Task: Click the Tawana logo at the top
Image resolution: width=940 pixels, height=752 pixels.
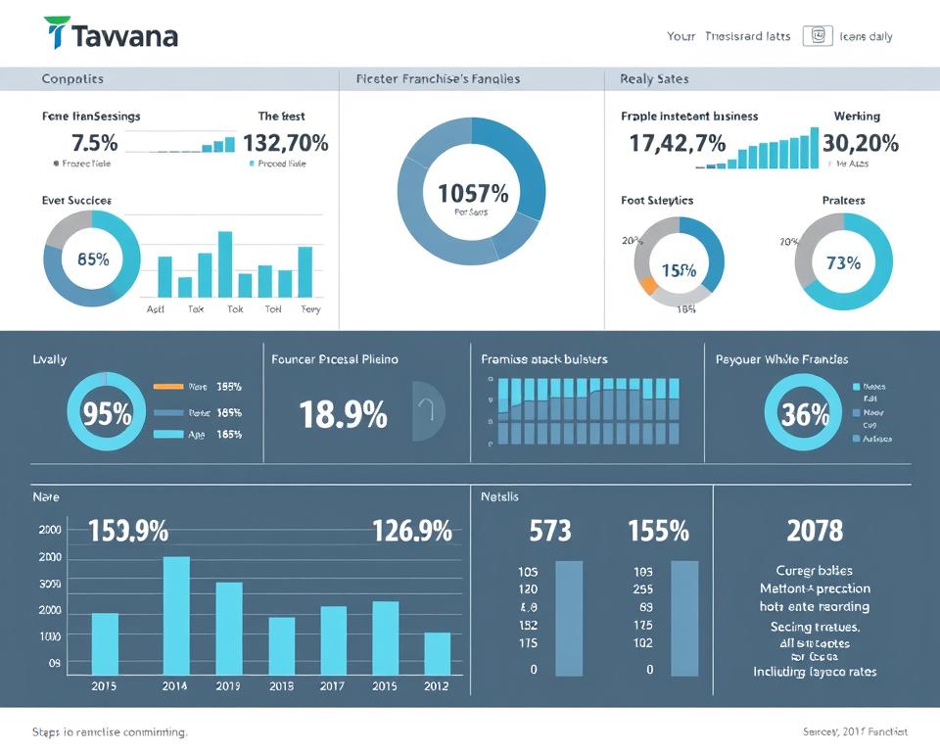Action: tap(111, 35)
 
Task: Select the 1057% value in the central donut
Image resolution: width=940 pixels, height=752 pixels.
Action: tap(472, 192)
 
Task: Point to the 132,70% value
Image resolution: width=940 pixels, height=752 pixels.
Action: tap(285, 143)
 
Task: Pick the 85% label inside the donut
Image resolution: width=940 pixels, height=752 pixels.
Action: tap(93, 260)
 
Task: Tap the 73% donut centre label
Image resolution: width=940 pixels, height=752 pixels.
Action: tap(843, 262)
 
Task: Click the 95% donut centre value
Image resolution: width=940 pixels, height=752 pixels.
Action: tap(107, 413)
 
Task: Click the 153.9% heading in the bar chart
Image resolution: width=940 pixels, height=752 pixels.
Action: tap(128, 532)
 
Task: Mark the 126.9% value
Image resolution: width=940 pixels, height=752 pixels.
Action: tap(411, 532)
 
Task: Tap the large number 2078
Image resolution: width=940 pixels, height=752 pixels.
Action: tap(815, 531)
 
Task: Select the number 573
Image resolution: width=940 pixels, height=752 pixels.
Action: tap(549, 531)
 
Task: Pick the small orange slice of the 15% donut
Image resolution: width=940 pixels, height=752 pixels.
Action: tap(647, 285)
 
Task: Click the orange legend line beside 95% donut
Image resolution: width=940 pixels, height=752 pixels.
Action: tap(168, 387)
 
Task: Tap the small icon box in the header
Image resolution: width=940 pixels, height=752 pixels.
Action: tap(816, 36)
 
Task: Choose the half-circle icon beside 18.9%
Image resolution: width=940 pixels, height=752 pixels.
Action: tap(428, 410)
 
